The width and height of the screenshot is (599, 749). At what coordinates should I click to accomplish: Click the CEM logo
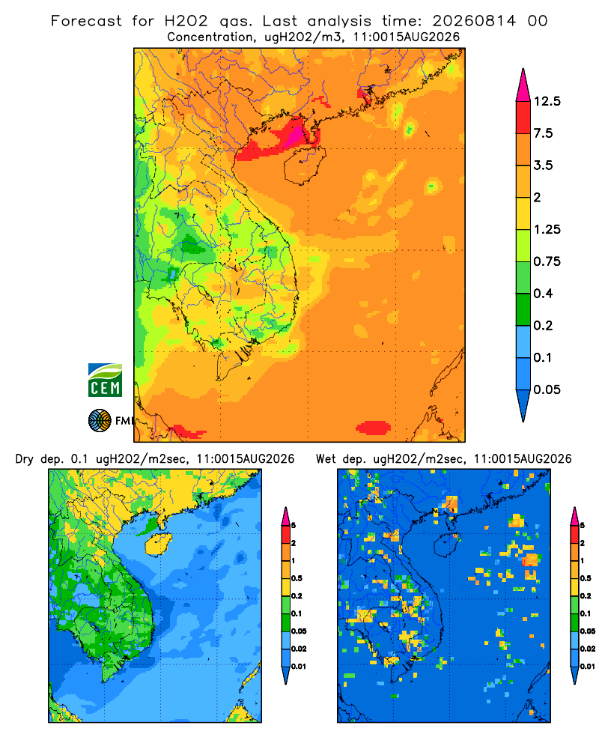pos(105,380)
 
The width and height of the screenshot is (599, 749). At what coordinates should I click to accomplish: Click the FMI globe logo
pos(100,421)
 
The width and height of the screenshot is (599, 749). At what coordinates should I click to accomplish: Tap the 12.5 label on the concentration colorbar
pos(547,101)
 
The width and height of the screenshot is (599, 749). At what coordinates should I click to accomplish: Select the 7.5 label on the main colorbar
pos(543,133)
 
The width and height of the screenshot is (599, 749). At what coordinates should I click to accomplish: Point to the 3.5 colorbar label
pos(543,166)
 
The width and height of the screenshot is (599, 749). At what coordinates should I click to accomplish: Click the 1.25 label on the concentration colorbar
pos(547,229)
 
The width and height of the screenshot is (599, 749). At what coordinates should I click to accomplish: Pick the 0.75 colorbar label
pos(547,261)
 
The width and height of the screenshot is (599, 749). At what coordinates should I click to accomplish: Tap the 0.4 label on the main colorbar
pos(543,294)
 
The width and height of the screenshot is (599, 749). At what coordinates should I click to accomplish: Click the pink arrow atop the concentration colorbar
pos(523,86)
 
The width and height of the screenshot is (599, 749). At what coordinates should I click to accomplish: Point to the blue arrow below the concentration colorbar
pos(523,405)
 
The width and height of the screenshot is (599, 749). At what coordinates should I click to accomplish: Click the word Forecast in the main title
pos(86,21)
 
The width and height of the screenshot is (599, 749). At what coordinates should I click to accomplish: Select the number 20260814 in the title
pos(474,21)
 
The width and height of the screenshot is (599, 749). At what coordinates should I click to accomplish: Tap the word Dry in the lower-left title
pos(25,459)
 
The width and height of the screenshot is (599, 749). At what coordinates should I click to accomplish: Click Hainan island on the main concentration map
pos(304,165)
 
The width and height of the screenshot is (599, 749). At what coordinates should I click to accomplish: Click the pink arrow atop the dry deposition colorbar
pos(285,516)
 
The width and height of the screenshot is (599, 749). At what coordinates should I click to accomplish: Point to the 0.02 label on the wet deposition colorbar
pos(588,649)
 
